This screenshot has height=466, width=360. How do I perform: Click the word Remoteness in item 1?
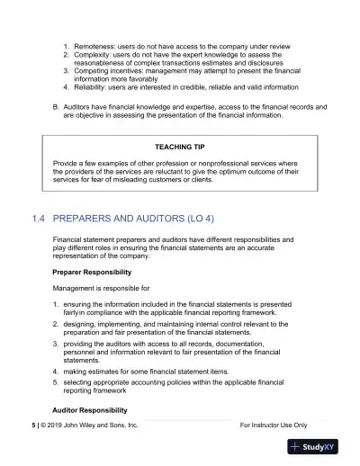(x=96, y=43)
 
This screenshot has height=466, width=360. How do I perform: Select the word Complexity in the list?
(x=95, y=55)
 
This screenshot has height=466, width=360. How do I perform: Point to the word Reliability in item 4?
(x=94, y=87)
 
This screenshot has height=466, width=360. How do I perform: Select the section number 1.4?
(x=38, y=218)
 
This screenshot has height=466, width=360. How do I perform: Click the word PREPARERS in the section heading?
(x=93, y=218)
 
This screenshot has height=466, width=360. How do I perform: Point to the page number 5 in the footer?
(x=33, y=424)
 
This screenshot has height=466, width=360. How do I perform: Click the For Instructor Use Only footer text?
(x=274, y=424)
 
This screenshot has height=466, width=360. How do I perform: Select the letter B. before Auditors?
(x=57, y=106)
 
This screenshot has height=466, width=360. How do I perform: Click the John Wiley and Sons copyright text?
(x=90, y=424)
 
